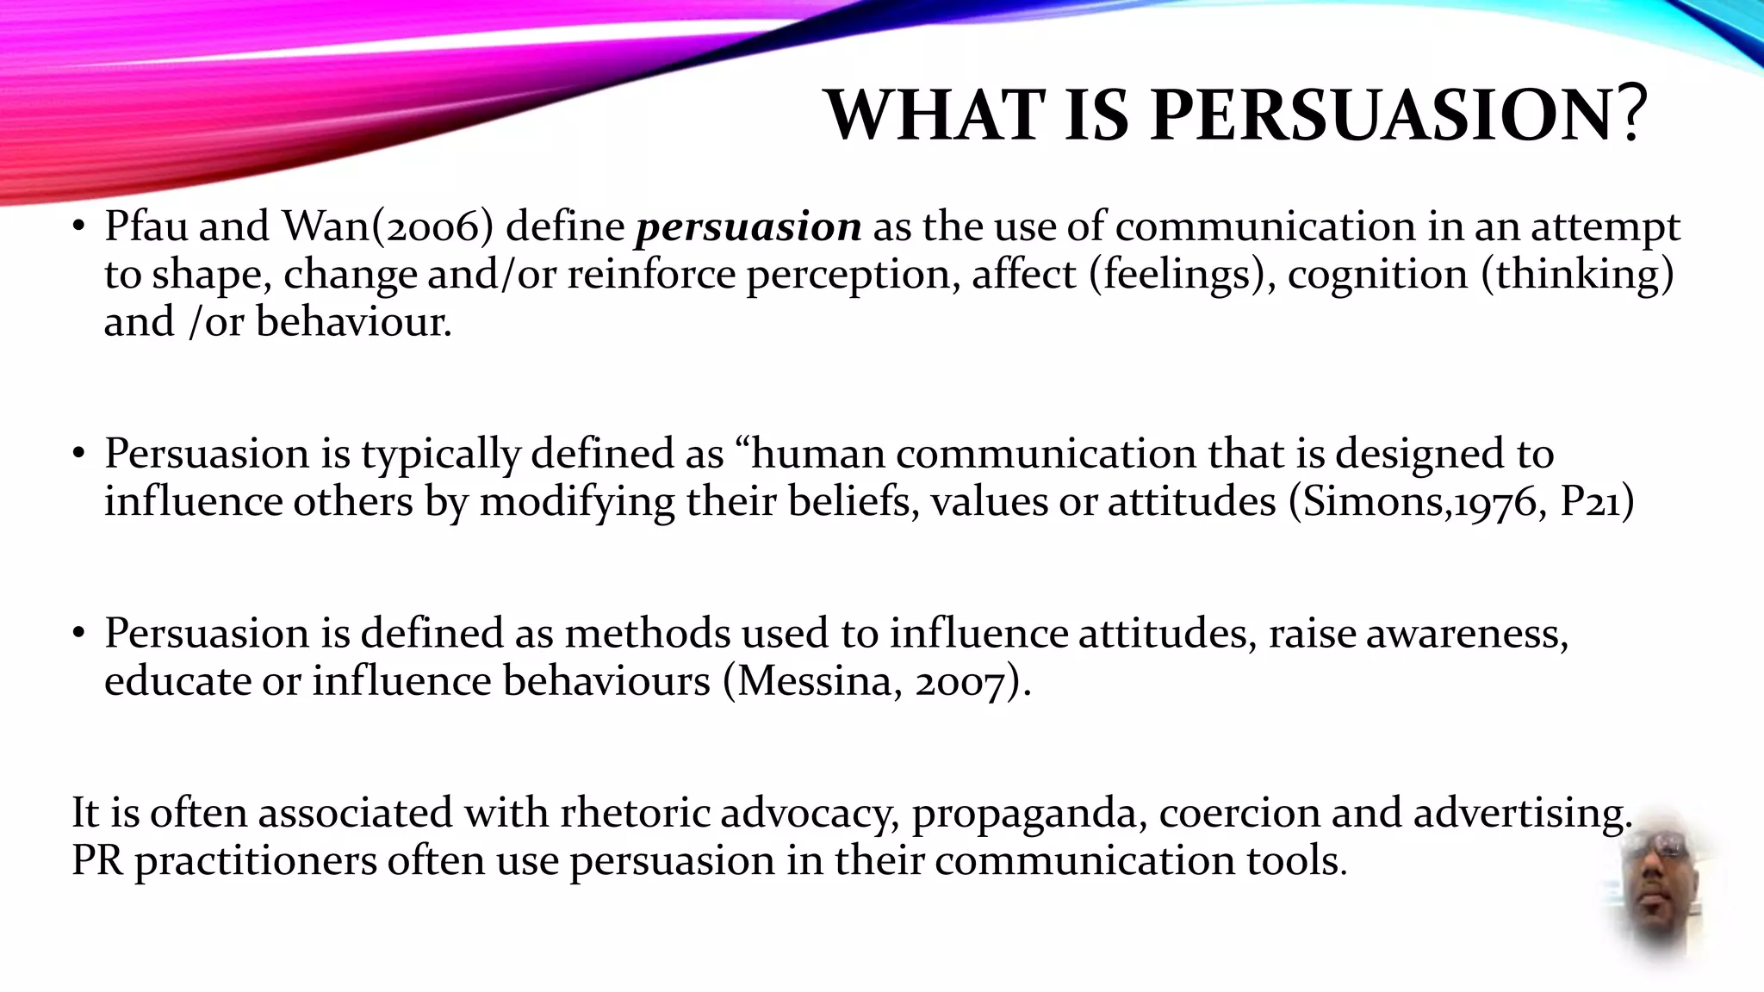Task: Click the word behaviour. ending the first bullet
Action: click(x=353, y=323)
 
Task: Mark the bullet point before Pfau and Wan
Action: click(x=79, y=227)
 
